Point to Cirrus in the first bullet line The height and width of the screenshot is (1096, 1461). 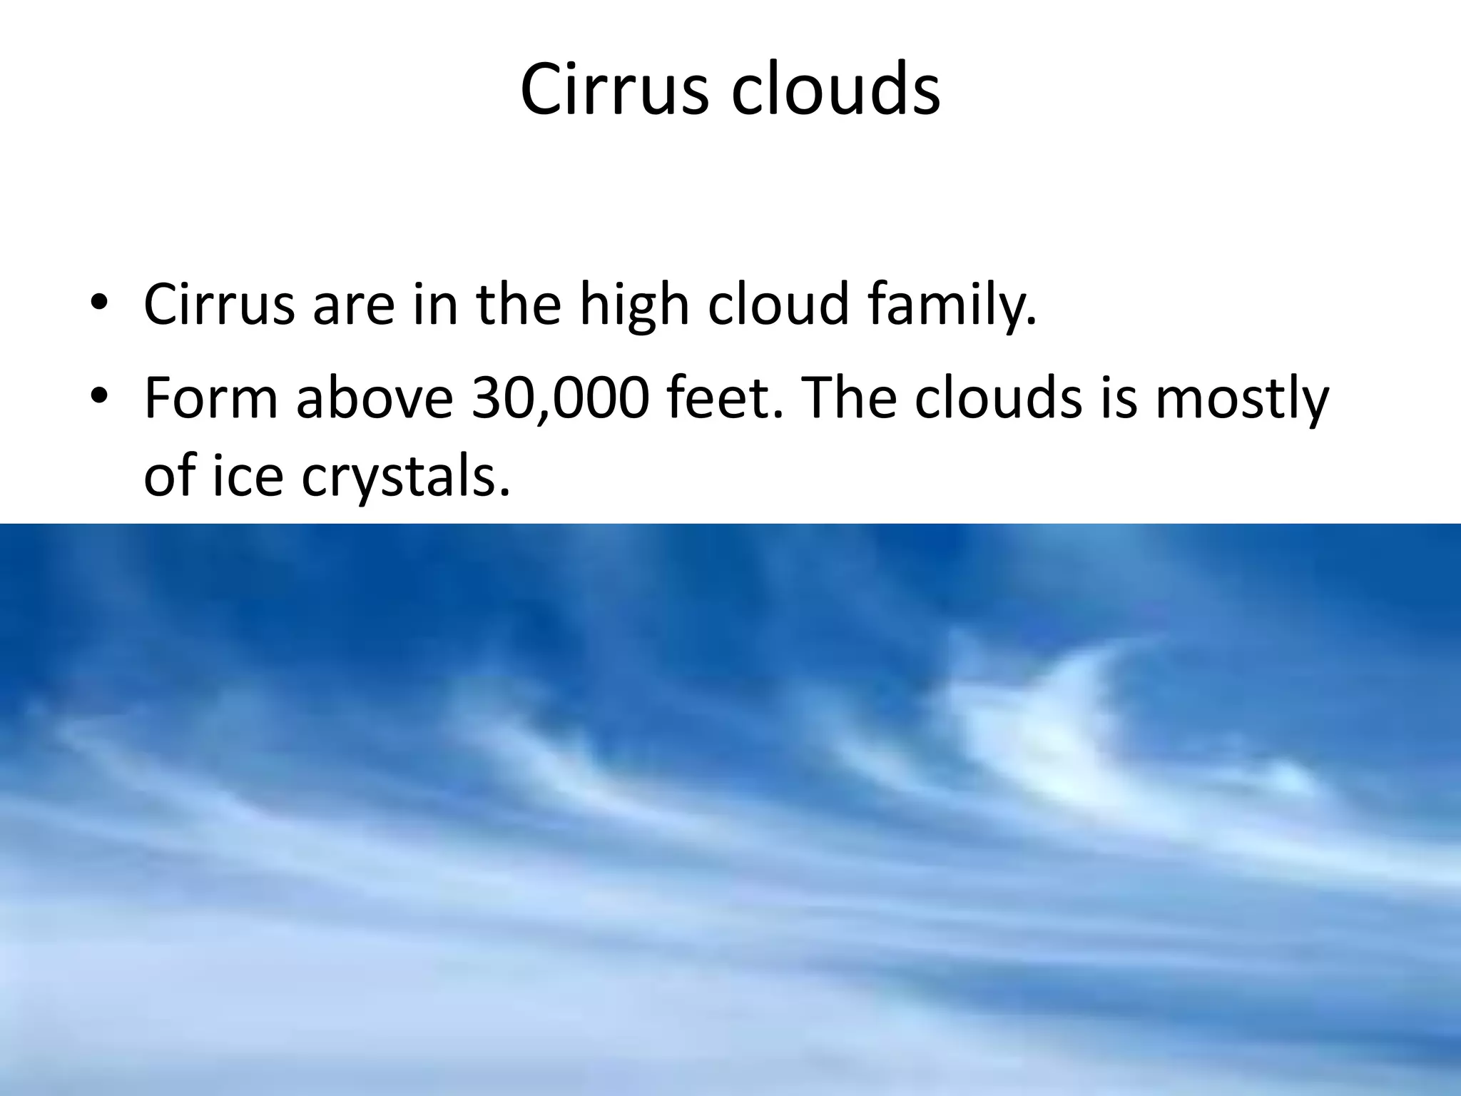(x=219, y=304)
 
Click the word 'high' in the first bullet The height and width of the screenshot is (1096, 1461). (x=633, y=304)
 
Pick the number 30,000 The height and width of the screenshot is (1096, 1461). (x=560, y=398)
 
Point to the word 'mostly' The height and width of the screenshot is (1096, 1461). (x=1241, y=398)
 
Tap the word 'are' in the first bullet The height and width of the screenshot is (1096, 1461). (x=353, y=304)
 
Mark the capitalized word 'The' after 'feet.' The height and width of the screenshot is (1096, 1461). (x=850, y=398)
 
